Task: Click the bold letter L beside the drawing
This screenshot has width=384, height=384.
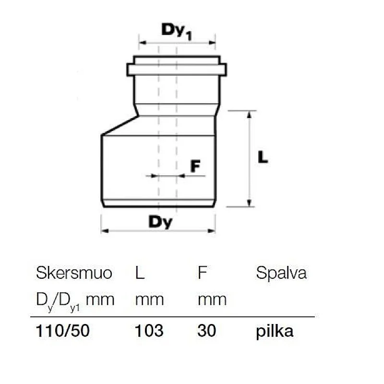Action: pyautogui.click(x=263, y=157)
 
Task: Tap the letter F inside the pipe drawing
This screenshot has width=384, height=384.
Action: pyautogui.click(x=195, y=166)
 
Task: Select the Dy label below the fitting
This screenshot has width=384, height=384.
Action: pyautogui.click(x=160, y=222)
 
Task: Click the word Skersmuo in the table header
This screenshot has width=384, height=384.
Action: pyautogui.click(x=74, y=273)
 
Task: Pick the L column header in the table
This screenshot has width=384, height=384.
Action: pyautogui.click(x=140, y=273)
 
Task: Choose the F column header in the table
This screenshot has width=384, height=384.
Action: pyautogui.click(x=202, y=273)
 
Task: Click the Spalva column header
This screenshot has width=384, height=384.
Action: pyautogui.click(x=281, y=273)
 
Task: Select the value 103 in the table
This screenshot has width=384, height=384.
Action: pyautogui.click(x=149, y=331)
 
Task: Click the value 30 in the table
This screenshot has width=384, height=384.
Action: pyautogui.click(x=207, y=331)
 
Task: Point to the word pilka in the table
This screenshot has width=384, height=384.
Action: pyautogui.click(x=275, y=331)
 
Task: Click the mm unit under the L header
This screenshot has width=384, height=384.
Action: pyautogui.click(x=149, y=300)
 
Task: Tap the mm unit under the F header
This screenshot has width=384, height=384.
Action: pyautogui.click(x=212, y=300)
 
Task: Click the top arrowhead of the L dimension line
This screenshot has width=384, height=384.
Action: pyautogui.click(x=249, y=114)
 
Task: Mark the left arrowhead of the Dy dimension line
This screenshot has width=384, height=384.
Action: pyautogui.click(x=104, y=231)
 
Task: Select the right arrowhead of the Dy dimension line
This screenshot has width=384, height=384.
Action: pyautogui.click(x=212, y=231)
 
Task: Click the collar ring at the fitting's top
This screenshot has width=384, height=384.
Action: pyautogui.click(x=177, y=70)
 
